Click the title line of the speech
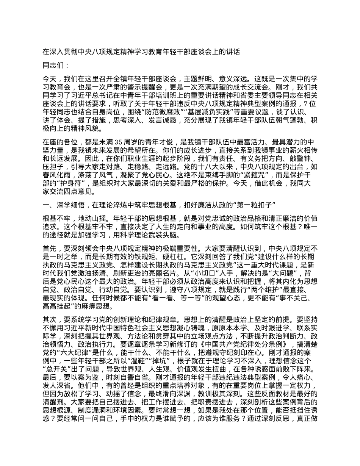pyautogui.click(x=141, y=52)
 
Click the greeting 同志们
pyautogui.click(x=55, y=66)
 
